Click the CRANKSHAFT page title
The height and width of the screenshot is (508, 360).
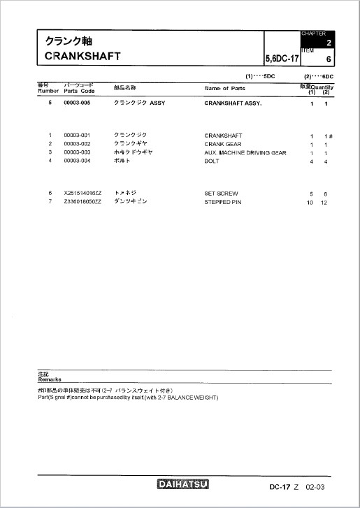pos(82,56)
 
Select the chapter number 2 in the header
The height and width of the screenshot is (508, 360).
pos(328,43)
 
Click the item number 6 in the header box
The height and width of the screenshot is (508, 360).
pos(328,59)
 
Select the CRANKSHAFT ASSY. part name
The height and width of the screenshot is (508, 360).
pos(233,103)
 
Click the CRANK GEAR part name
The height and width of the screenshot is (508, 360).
pos(222,144)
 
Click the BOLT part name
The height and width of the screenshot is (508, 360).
pos(212,161)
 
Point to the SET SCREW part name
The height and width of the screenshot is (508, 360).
pos(221,193)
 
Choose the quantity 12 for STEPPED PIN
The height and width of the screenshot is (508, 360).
pos(324,201)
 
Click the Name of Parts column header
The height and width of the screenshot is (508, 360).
pos(224,89)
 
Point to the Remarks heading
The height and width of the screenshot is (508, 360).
pos(49,378)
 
